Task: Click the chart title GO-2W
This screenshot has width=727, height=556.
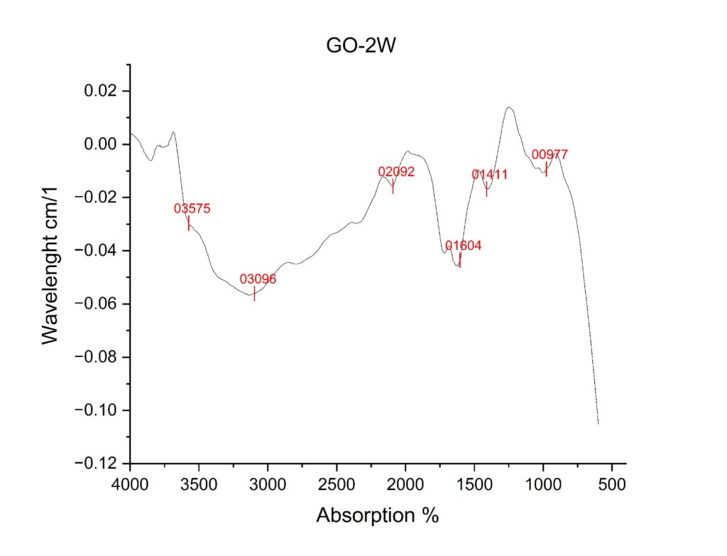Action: pyautogui.click(x=364, y=45)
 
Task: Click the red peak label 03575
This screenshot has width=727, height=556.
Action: pyautogui.click(x=192, y=209)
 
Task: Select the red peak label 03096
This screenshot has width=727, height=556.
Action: pyautogui.click(x=258, y=279)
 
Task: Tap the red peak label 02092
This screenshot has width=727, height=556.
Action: pyautogui.click(x=396, y=172)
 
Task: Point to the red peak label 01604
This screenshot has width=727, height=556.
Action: pyautogui.click(x=464, y=246)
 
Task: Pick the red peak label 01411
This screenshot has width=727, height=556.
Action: pyautogui.click(x=490, y=174)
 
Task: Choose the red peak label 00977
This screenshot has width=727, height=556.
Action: pyautogui.click(x=550, y=155)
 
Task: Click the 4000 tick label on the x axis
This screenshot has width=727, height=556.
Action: pyautogui.click(x=130, y=485)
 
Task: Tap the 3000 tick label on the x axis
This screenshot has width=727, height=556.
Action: pyautogui.click(x=268, y=485)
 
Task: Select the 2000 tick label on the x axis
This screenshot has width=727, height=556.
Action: pyautogui.click(x=405, y=485)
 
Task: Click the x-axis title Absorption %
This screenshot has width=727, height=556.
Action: pyautogui.click(x=377, y=515)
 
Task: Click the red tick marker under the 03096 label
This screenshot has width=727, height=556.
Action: pyautogui.click(x=254, y=293)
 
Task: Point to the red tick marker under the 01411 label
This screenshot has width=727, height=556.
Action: pyautogui.click(x=486, y=188)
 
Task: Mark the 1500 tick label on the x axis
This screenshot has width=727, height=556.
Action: pyautogui.click(x=474, y=485)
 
